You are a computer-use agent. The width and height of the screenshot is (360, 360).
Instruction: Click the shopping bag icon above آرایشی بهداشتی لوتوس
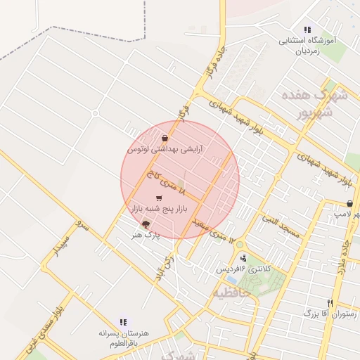point(165,139)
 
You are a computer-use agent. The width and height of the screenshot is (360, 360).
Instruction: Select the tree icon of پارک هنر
point(146,224)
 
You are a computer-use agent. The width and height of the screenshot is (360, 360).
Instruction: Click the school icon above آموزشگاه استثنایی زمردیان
point(307,30)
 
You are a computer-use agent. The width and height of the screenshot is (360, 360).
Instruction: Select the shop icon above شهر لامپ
point(330,203)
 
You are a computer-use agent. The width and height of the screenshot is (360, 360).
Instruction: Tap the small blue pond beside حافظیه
point(231,279)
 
